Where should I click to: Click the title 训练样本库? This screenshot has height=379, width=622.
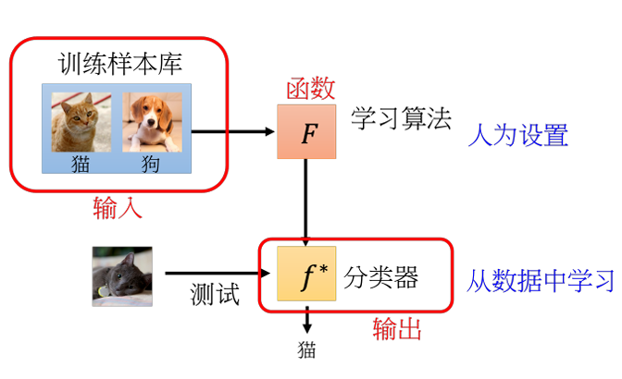120,64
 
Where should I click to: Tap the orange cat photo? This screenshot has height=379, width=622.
81,122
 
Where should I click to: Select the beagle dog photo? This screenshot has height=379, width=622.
153,122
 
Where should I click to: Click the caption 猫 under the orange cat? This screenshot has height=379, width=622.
81,164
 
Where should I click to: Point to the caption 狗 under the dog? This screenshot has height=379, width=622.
151,164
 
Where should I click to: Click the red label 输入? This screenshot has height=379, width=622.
118,207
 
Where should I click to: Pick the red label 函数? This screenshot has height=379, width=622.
311,88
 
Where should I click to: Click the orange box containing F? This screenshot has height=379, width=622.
306,131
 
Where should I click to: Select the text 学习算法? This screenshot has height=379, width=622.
401,118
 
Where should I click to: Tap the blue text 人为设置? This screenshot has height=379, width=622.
518,135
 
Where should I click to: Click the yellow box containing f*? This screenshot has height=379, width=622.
306,274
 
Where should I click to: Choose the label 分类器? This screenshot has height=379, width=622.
380,277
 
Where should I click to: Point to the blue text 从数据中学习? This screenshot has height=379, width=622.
541,280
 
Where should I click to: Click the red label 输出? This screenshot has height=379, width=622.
397,328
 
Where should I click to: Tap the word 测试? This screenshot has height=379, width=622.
215,294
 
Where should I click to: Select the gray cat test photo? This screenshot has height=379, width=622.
122,276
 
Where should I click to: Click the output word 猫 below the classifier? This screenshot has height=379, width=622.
306,350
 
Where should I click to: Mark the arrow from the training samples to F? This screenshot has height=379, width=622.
233,131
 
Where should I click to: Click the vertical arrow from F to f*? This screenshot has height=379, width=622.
305,202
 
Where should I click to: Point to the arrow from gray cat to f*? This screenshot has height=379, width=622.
218,273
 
